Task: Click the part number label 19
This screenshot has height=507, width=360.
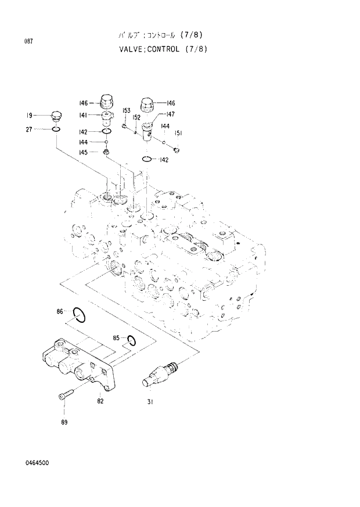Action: [x=28, y=115]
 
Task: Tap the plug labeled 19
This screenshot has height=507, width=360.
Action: [x=56, y=116]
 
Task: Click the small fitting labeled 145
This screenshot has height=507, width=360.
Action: [x=106, y=152]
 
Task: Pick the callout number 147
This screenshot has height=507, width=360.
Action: [x=170, y=114]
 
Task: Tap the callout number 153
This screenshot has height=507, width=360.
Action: [x=126, y=110]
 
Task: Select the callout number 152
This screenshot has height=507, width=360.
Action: [x=136, y=117]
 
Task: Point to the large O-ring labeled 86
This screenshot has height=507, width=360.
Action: [x=80, y=315]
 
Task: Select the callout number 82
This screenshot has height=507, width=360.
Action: [x=100, y=401]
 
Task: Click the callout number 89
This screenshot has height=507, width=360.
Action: [x=64, y=422]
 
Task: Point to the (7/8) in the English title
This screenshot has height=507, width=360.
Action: [x=196, y=49]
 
